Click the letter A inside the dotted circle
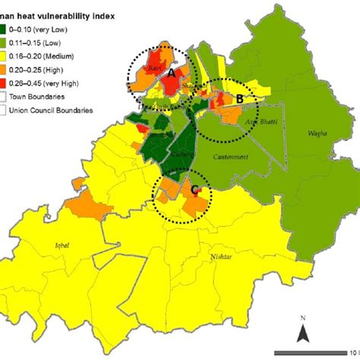tap(172, 73)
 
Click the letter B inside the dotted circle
tap(240, 97)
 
